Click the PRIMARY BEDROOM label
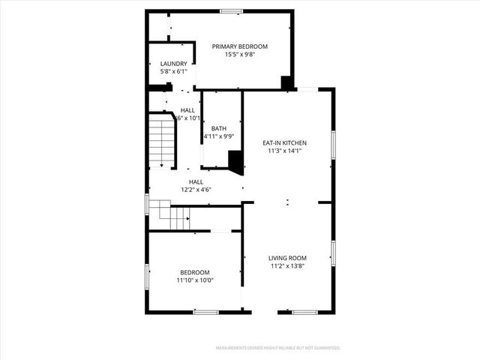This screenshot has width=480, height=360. tap(239, 46)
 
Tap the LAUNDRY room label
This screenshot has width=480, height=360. tap(173, 64)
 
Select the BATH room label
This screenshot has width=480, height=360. tap(219, 128)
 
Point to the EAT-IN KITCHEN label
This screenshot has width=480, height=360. tap(284, 142)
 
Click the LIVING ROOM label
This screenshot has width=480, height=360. tap(288, 258)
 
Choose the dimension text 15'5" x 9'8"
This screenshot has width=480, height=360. tap(239, 54)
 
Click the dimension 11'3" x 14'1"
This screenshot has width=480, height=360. tap(284, 150)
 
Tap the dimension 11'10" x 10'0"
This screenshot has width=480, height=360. tap(195, 280)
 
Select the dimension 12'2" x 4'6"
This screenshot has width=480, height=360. tap(196, 190)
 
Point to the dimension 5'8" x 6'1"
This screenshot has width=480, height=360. tap(173, 71)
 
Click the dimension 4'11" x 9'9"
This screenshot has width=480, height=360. tap(219, 136)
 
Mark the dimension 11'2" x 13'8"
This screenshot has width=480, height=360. tap(288, 265)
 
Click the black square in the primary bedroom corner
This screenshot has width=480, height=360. tap(286, 82)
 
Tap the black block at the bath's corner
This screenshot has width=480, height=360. tap(236, 161)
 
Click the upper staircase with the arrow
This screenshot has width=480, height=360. tap(162, 140)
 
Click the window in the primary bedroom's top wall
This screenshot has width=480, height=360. tap(231, 10)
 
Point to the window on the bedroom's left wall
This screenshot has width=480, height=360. tap(147, 276)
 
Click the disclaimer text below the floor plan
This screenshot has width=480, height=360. tap(277, 348)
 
